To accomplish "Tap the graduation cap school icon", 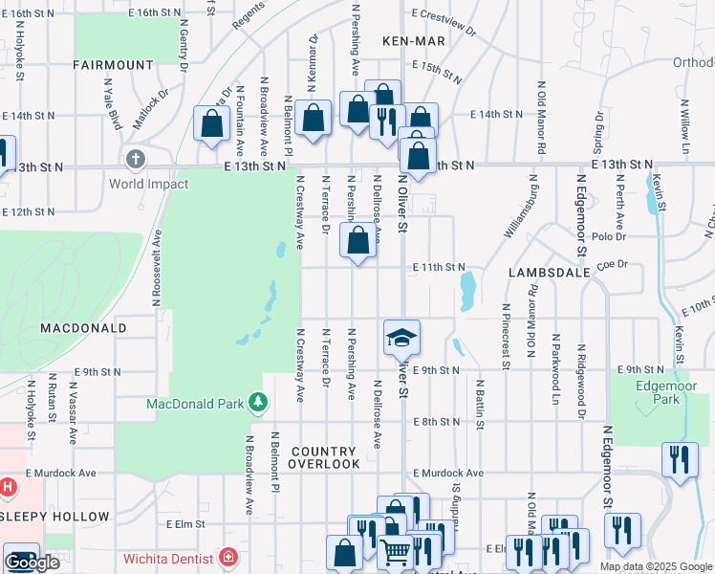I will click(x=402, y=337).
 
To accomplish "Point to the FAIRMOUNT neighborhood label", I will click(x=112, y=65).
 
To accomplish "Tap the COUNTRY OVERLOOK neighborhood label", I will click(x=326, y=457).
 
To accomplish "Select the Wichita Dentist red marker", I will click(x=227, y=557).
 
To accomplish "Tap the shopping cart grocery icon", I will click(x=395, y=552).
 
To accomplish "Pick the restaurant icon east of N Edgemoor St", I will click(x=679, y=459).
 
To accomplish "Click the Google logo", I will click(x=32, y=563).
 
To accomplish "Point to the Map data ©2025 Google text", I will click(x=656, y=566).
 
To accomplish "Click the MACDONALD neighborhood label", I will click(x=83, y=327).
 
